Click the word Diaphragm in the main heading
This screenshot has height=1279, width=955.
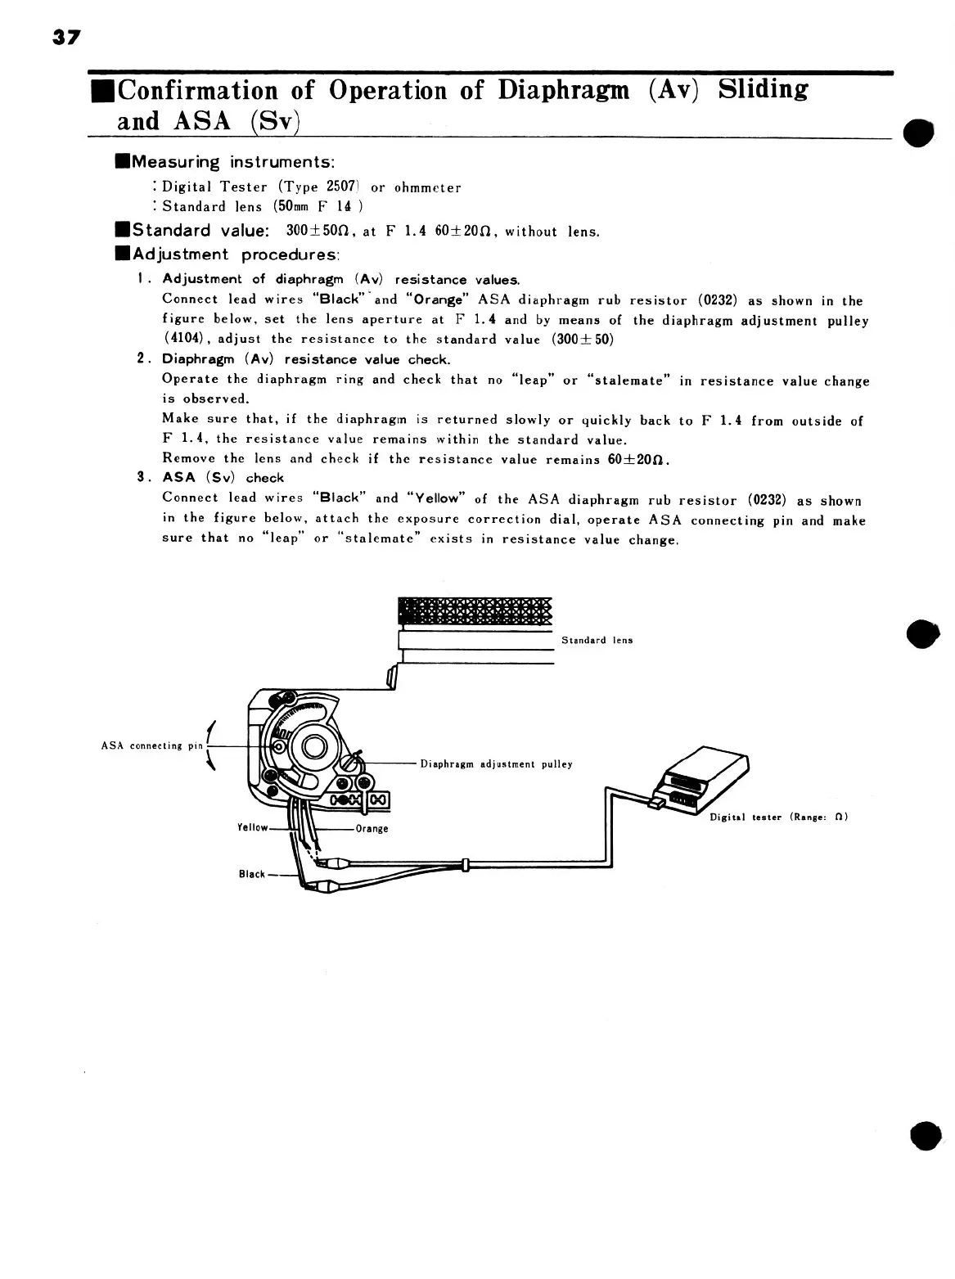point(564,90)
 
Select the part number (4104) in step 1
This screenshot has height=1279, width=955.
point(184,339)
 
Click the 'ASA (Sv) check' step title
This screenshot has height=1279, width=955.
point(223,478)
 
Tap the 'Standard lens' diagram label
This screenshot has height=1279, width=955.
point(597,640)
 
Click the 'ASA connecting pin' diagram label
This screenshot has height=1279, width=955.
point(152,745)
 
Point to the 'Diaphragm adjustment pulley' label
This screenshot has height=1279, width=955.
point(496,764)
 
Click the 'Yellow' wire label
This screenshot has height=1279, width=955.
point(253,827)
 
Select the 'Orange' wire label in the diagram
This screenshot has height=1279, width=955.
point(372,829)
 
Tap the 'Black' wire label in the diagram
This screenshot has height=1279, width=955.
point(252,874)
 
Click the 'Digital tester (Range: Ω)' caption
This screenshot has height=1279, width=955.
point(777,817)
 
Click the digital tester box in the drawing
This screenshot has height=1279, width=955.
point(704,777)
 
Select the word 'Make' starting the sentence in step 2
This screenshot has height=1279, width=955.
point(179,419)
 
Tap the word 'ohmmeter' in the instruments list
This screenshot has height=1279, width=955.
point(427,187)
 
